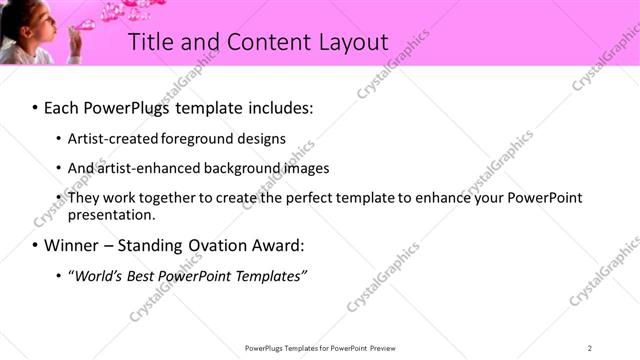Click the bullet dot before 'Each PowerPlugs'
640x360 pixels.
(36, 106)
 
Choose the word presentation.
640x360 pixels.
(111, 214)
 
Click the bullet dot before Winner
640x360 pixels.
(36, 245)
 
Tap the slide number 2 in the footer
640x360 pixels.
(589, 348)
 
